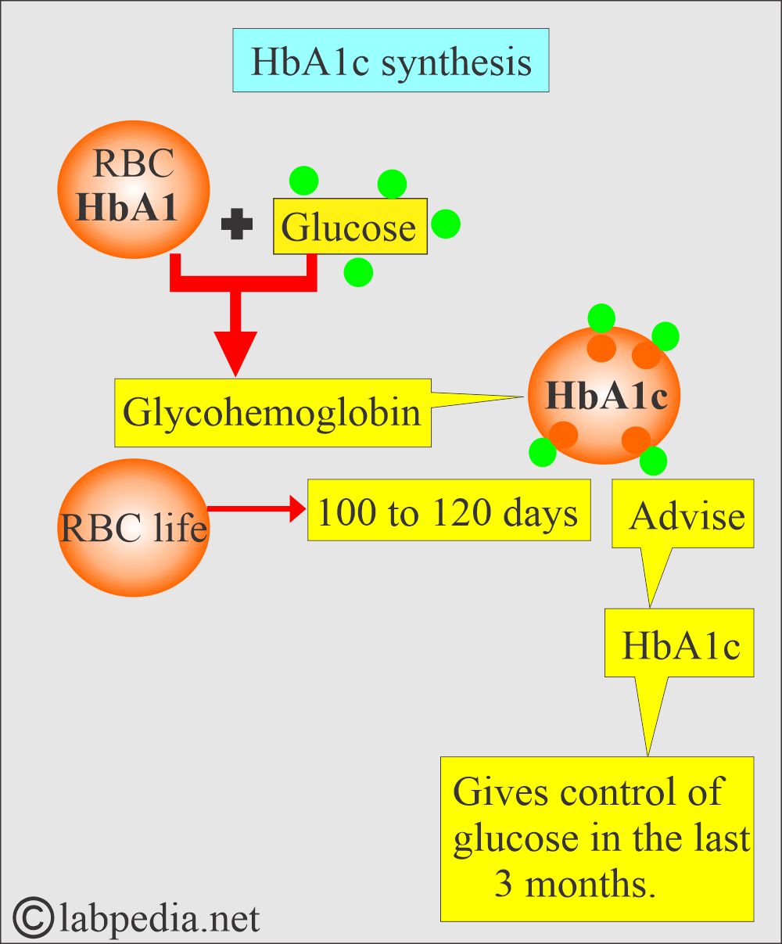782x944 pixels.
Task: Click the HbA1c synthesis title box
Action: pyautogui.click(x=390, y=61)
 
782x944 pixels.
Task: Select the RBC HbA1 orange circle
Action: pyautogui.click(x=133, y=189)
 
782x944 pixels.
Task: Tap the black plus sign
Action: pyautogui.click(x=236, y=225)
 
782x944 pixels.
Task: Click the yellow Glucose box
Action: pyautogui.click(x=350, y=227)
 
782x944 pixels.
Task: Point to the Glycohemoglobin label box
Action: pyautogui.click(x=272, y=412)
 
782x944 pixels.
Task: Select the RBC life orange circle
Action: pyautogui.click(x=133, y=527)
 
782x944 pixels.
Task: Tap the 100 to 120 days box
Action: pyautogui.click(x=448, y=510)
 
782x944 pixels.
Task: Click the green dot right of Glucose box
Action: pyautogui.click(x=446, y=224)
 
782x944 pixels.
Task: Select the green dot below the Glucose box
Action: pyautogui.click(x=358, y=271)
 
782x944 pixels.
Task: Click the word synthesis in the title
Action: pyautogui.click(x=457, y=62)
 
